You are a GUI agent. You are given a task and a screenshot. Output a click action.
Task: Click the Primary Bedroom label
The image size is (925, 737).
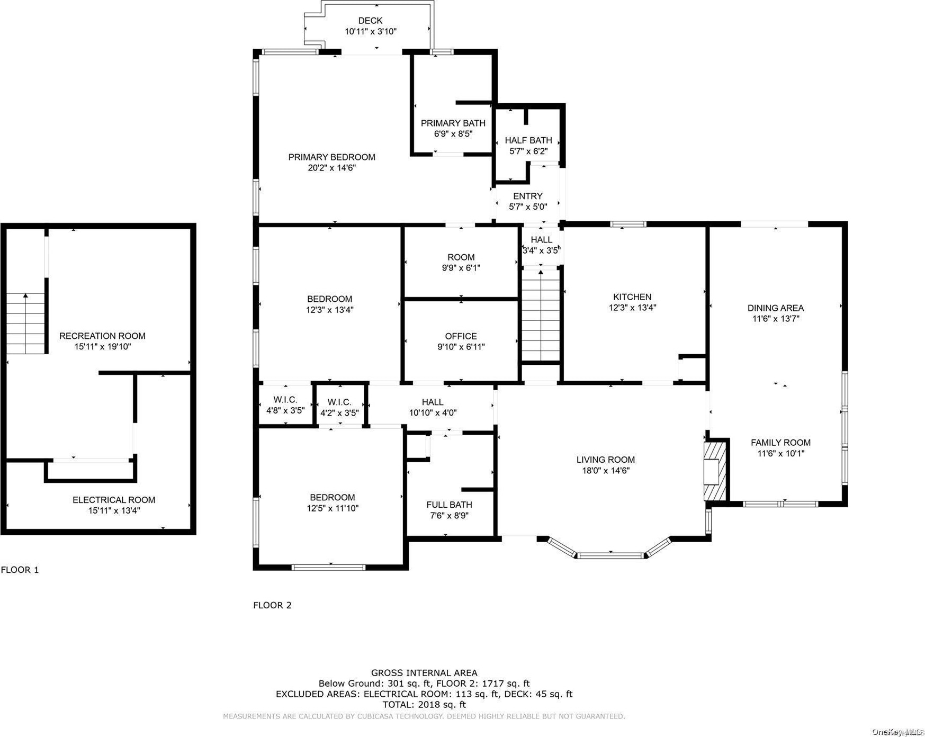(331, 157)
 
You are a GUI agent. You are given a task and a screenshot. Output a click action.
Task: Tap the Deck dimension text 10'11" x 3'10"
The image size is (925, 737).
(371, 32)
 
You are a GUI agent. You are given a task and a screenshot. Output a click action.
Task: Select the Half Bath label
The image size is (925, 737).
(528, 140)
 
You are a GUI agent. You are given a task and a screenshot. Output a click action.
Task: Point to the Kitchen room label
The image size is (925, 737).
(632, 297)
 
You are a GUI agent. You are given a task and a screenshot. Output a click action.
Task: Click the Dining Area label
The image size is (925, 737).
(776, 308)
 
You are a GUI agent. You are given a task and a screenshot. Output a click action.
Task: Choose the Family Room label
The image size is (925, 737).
(780, 443)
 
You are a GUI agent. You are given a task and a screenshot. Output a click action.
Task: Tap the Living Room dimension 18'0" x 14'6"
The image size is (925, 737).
(606, 471)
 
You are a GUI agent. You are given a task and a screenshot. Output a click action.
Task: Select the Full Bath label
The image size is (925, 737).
(449, 505)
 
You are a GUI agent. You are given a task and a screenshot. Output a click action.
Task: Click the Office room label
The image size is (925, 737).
(461, 336)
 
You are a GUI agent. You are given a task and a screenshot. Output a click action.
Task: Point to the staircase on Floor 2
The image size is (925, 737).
(541, 316)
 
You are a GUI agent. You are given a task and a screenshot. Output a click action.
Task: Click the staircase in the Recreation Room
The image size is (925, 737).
(25, 323)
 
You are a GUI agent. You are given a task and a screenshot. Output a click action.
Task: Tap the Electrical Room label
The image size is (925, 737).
(114, 500)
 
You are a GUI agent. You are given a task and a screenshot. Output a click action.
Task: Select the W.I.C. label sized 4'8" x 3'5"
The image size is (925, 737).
(285, 400)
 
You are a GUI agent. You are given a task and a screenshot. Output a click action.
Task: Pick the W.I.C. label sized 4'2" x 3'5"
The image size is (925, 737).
(339, 402)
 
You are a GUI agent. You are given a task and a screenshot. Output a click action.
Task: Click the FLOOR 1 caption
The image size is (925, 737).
(20, 570)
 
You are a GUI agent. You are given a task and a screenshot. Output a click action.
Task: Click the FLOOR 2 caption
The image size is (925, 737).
(272, 605)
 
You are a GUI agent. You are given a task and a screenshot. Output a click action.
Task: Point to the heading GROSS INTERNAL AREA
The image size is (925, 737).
(424, 673)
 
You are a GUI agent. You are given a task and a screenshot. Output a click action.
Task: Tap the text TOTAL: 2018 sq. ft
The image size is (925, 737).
(424, 705)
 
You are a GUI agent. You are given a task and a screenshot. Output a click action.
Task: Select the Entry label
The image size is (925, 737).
(528, 196)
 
